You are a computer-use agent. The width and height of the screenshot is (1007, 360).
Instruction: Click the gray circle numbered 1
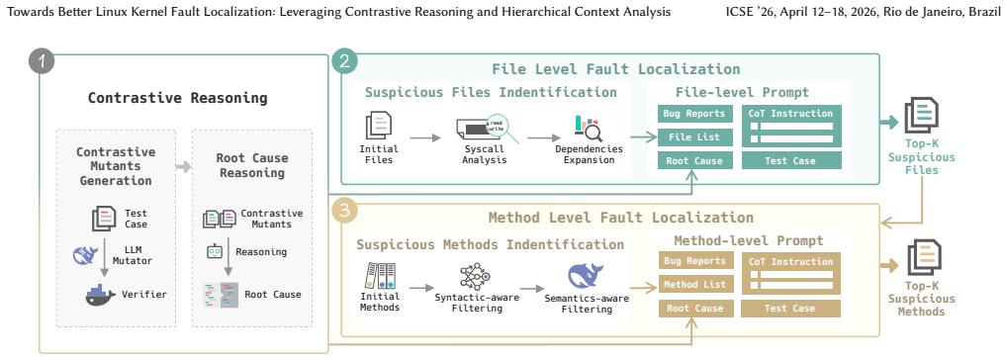42,62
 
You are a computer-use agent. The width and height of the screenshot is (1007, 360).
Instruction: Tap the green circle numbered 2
345,61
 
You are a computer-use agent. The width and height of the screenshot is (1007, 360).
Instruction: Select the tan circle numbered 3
345,211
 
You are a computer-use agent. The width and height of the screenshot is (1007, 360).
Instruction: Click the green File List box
693,137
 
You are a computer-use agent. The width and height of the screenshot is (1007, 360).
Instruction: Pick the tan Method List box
695,284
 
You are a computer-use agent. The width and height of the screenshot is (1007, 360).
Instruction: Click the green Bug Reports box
693,114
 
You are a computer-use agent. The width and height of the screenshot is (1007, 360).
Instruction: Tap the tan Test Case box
790,309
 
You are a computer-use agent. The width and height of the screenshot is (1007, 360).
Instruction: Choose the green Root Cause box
694,161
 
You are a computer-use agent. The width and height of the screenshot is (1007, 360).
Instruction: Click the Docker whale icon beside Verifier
100,295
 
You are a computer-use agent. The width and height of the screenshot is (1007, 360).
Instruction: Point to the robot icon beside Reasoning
214,251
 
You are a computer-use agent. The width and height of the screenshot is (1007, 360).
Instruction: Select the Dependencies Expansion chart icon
589,129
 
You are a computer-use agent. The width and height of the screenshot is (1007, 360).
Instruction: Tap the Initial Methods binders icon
380,275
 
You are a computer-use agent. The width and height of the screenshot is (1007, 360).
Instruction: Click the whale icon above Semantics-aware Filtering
586,276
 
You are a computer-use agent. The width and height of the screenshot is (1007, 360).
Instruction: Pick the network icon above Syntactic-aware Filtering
475,276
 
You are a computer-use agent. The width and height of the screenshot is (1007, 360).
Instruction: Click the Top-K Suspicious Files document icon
921,116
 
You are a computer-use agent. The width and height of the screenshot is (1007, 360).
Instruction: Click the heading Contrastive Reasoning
177,98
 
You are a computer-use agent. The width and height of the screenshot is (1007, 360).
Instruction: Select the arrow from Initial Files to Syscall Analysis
425,138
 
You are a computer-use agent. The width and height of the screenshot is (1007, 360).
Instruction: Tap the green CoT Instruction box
791,126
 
